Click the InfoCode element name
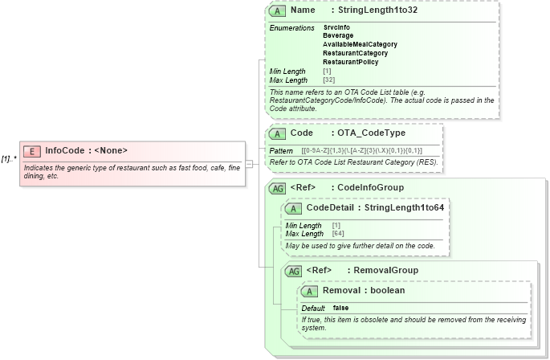coord(64,150)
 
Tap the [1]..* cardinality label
coord(10,158)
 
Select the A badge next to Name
coord(277,11)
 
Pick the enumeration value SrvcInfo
coord(336,27)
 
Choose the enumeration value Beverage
coord(338,35)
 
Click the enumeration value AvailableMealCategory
coord(360,44)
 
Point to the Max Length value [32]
coord(328,80)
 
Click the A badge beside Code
coord(277,133)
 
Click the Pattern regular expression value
coord(373,151)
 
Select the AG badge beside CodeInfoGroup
coord(277,188)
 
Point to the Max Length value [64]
coord(338,234)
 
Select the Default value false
coord(340,308)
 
